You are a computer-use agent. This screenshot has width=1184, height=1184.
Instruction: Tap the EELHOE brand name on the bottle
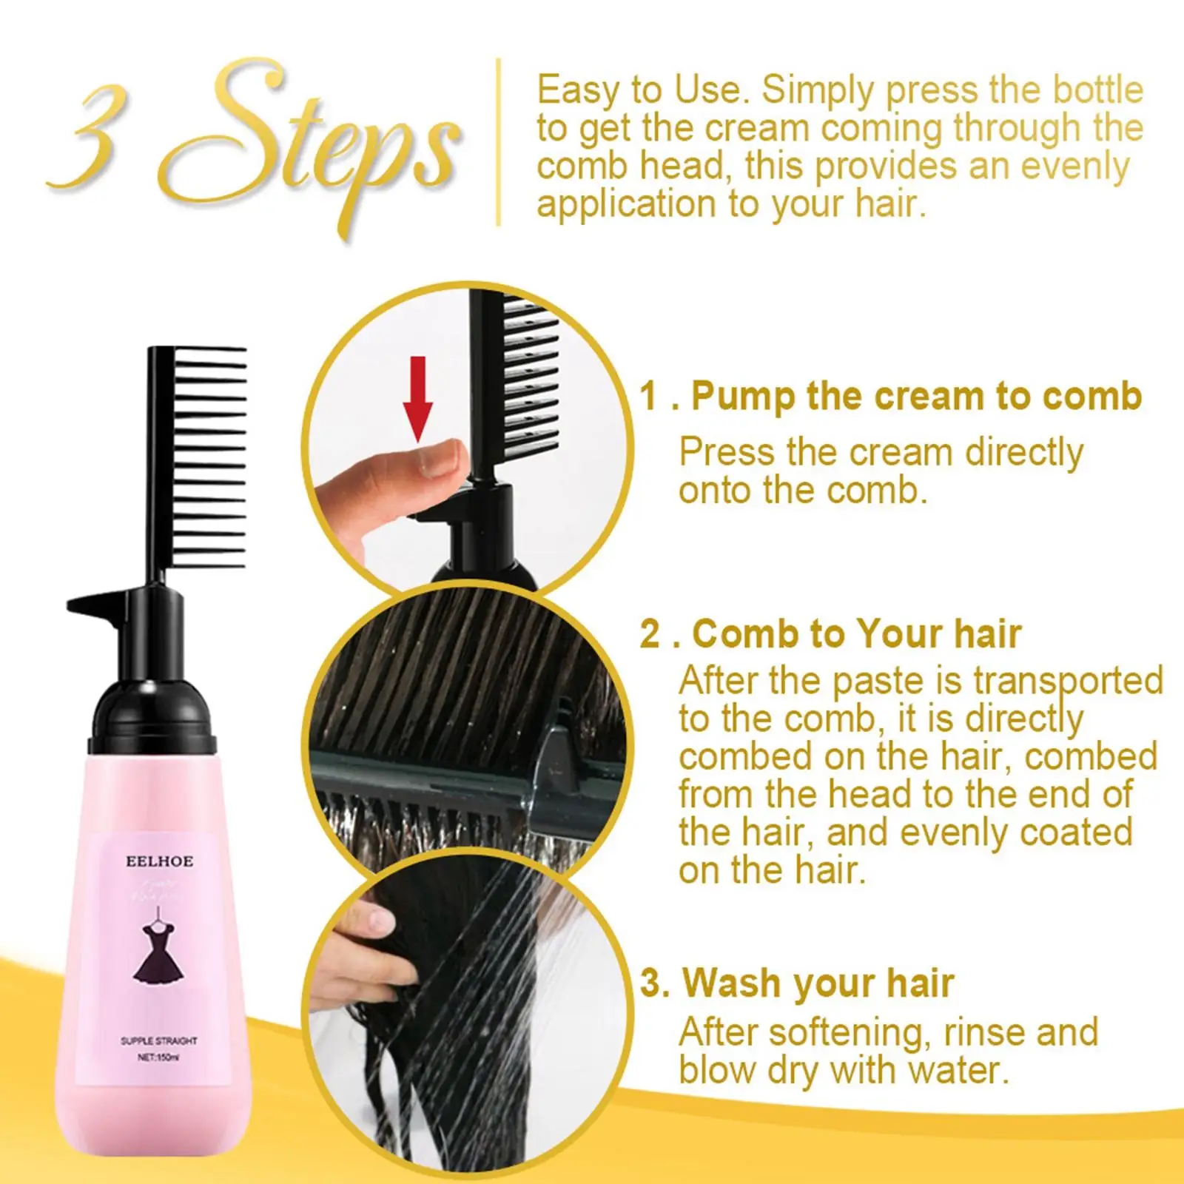pos(159,861)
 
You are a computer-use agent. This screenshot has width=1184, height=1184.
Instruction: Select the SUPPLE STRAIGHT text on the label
pos(159,1040)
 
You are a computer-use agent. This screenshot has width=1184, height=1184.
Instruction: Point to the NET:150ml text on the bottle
pos(158,1057)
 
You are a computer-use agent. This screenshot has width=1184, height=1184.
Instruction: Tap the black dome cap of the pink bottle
pos(154,710)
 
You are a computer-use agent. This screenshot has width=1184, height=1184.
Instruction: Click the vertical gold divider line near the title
pos(499,141)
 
